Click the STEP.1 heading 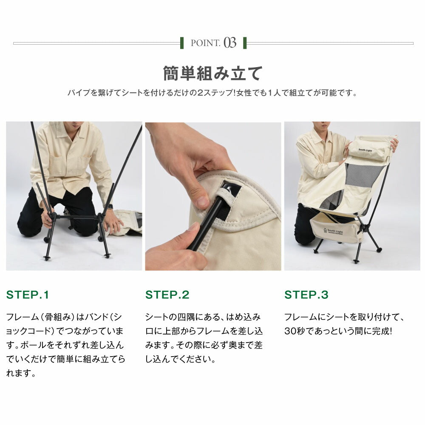27,295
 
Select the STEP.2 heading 167,295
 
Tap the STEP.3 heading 306,295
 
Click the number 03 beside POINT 230,43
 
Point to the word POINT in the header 205,43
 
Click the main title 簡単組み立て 212,73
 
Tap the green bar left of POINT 182,43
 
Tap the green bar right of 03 245,43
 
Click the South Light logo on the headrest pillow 365,150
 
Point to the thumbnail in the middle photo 202,201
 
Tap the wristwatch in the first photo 110,207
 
